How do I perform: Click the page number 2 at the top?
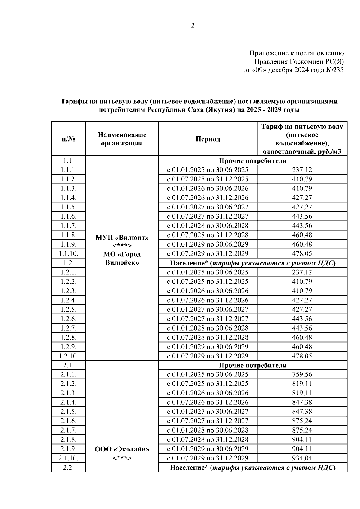pyautogui.click(x=193, y=26)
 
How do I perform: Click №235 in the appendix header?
pyautogui.click(x=334, y=70)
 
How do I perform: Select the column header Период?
pyautogui.click(x=208, y=139)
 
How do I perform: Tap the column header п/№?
pyautogui.click(x=68, y=139)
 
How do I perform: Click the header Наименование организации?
pyautogui.click(x=122, y=139)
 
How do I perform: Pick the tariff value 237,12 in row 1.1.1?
pyautogui.click(x=302, y=170)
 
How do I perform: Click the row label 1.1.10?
pyautogui.click(x=68, y=253)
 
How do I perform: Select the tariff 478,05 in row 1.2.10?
pyautogui.click(x=302, y=356)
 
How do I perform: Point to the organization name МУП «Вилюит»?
pyautogui.click(x=122, y=238)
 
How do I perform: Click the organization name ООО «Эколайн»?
pyautogui.click(x=122, y=449)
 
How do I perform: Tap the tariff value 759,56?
pyautogui.click(x=302, y=374)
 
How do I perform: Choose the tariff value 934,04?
pyautogui.click(x=302, y=458)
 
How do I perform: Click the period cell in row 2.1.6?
pyautogui.click(x=208, y=421)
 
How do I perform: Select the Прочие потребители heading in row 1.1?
pyautogui.click(x=253, y=160)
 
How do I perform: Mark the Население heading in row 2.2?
pyautogui.click(x=253, y=468)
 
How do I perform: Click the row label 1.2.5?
pyautogui.click(x=68, y=309)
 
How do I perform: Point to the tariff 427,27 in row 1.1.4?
pyautogui.click(x=302, y=198)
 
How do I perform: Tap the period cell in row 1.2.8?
pyautogui.click(x=208, y=337)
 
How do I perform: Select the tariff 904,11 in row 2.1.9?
pyautogui.click(x=302, y=449)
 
